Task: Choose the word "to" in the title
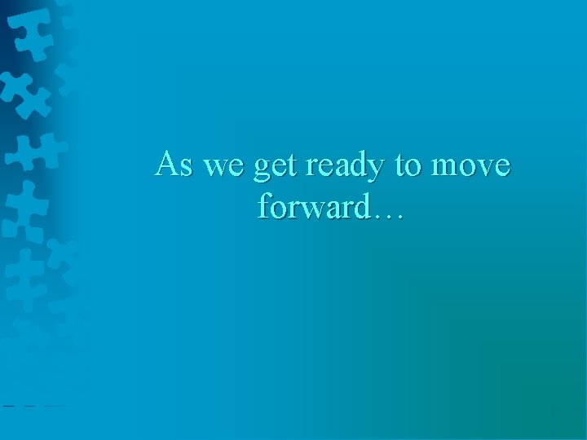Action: coord(407,165)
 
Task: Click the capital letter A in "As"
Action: coord(168,164)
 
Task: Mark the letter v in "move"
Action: coord(481,168)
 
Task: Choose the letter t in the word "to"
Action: coord(400,165)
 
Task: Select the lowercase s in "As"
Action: coord(187,168)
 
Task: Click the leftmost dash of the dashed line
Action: coord(7,405)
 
